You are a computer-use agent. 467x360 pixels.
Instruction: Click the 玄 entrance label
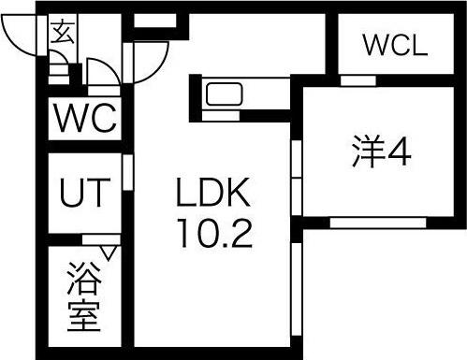coord(62,35)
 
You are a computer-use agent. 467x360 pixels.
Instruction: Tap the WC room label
coord(84,120)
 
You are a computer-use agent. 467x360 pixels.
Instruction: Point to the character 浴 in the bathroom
coord(84,280)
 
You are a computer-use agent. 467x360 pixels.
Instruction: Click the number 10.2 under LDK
coord(212,234)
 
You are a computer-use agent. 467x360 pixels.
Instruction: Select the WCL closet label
coord(394,44)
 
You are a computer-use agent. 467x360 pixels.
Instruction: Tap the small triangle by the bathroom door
coord(109,252)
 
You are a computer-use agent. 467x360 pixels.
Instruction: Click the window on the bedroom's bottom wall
coord(379,223)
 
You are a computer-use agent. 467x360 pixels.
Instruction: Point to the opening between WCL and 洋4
coord(358,80)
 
